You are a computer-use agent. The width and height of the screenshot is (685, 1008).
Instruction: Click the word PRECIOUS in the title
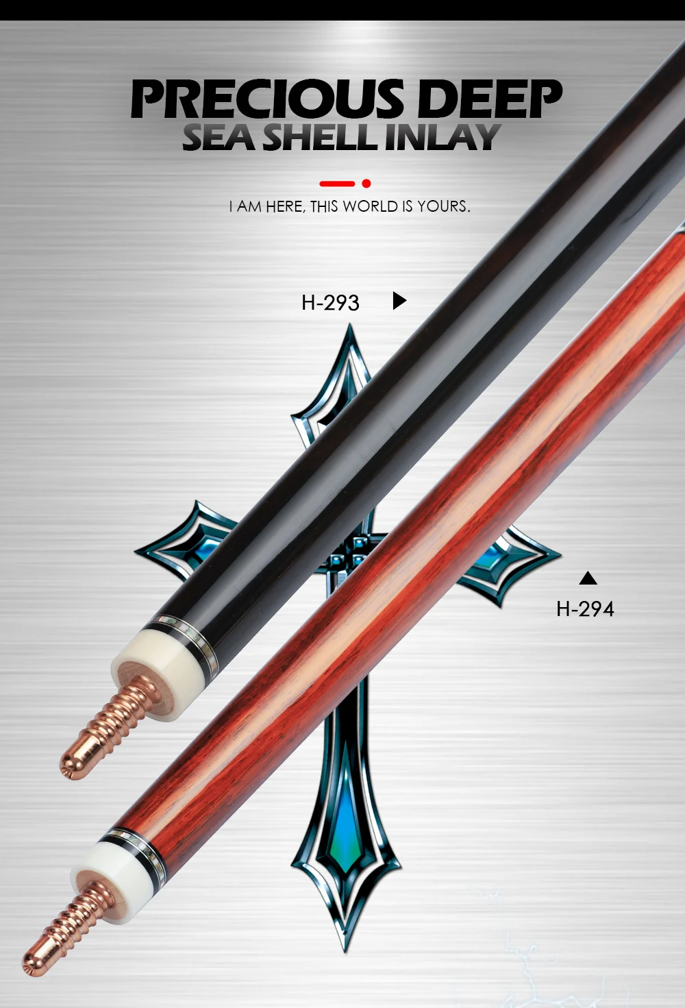pyautogui.click(x=267, y=100)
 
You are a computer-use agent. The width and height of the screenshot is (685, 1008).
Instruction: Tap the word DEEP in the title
pyautogui.click(x=489, y=100)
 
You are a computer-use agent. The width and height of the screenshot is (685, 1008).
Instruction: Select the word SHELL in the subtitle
pyautogui.click(x=321, y=137)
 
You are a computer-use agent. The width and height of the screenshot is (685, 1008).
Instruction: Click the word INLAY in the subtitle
pyautogui.click(x=442, y=137)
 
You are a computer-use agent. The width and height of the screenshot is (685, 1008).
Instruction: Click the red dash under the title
pyautogui.click(x=337, y=184)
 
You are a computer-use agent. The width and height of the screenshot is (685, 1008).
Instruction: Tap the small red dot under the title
pyautogui.click(x=366, y=184)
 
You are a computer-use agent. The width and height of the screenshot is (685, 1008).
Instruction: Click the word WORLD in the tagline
pyautogui.click(x=371, y=206)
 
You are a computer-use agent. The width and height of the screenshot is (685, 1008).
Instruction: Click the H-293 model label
pyautogui.click(x=330, y=302)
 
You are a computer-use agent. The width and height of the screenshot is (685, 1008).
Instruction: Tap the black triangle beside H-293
pyautogui.click(x=399, y=300)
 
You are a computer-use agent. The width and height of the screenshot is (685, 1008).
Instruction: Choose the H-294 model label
pyautogui.click(x=585, y=609)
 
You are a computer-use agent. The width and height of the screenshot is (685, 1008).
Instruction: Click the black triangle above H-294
pyautogui.click(x=588, y=578)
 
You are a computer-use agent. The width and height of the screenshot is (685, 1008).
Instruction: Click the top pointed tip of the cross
pyautogui.click(x=351, y=329)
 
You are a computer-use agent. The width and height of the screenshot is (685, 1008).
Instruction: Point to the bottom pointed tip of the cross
pyautogui.click(x=345, y=949)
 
